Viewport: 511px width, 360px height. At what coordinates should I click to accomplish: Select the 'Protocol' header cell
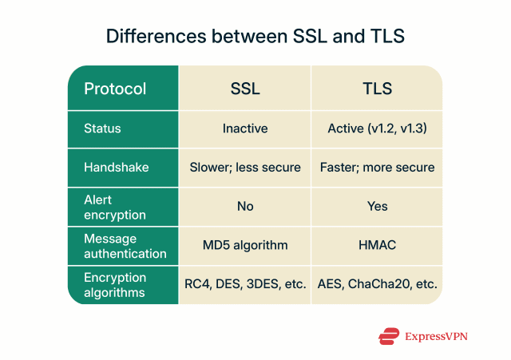[x=115, y=89]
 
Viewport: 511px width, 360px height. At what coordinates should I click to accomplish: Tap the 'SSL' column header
[x=245, y=89]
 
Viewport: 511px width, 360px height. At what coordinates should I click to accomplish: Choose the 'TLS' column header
[x=377, y=89]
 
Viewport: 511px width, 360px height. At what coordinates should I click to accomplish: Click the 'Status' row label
[x=103, y=129]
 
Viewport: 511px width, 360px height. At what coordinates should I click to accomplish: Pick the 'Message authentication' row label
[x=125, y=246]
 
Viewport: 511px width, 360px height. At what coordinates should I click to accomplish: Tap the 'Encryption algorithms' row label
[x=115, y=284]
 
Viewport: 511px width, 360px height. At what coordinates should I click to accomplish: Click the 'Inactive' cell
[x=245, y=129]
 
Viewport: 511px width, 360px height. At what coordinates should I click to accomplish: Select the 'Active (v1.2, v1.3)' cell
[x=377, y=129]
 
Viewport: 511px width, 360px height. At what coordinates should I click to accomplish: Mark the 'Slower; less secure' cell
[x=245, y=168]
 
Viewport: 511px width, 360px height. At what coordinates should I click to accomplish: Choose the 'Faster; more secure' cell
[x=377, y=168]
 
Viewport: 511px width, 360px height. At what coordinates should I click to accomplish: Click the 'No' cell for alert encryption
[x=245, y=207]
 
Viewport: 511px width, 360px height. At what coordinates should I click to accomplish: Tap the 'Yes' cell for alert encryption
[x=377, y=207]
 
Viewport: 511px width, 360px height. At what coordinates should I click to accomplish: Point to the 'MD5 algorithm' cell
[x=245, y=246]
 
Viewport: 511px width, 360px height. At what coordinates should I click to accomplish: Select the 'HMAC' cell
[x=377, y=246]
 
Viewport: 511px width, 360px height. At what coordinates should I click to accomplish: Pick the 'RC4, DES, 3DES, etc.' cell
[x=245, y=284]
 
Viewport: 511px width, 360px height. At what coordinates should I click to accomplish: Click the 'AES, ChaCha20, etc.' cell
[x=377, y=284]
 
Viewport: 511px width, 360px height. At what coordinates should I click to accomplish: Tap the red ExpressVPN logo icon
[x=390, y=336]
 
